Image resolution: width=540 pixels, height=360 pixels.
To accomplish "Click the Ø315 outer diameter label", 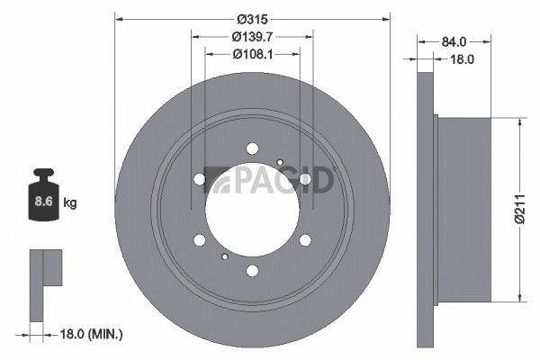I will pyautogui.click(x=254, y=18).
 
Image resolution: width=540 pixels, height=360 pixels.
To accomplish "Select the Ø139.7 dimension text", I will pyautogui.click(x=254, y=37).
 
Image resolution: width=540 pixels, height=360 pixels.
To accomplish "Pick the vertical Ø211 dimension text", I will pyautogui.click(x=519, y=208).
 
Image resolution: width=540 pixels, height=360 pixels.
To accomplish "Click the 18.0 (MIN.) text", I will pyautogui.click(x=87, y=334).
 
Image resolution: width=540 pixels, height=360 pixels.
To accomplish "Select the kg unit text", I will pyautogui.click(x=70, y=203).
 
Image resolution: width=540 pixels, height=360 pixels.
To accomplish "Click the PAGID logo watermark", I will pyautogui.click(x=269, y=179).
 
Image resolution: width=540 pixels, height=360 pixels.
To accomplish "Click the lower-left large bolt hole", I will pyautogui.click(x=199, y=239).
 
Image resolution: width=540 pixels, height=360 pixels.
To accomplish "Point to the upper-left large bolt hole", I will pyautogui.click(x=199, y=179).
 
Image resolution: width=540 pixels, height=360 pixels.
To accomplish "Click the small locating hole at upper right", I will pyautogui.click(x=281, y=162).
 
